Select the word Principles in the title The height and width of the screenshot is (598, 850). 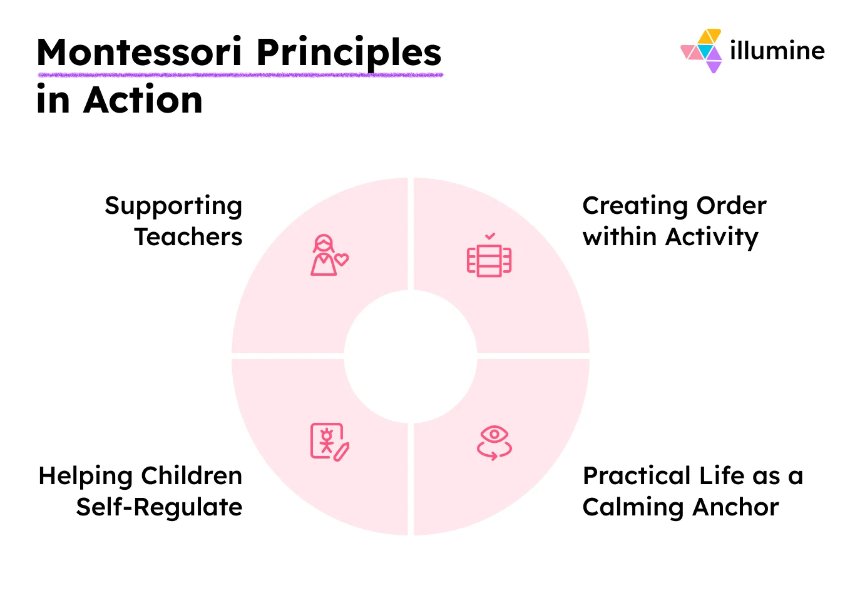349,53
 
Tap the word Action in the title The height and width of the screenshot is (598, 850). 143,100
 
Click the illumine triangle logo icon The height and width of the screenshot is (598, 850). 703,50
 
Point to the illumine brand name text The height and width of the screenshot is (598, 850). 777,50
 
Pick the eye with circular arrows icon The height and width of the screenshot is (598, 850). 494,442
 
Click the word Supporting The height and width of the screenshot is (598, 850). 173,206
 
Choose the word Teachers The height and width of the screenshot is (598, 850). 188,237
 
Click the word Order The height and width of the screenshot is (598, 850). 731,205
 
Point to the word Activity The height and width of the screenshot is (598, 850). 712,238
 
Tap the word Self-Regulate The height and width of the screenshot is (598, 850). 159,507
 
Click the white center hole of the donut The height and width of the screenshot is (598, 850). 411,356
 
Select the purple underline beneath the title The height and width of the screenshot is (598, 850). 240,75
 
